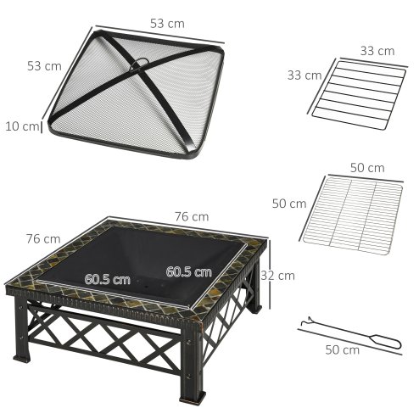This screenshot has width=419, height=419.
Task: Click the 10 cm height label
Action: click(20, 127)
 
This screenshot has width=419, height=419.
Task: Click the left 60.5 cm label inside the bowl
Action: click(107, 278)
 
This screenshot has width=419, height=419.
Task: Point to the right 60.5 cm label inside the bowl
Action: click(189, 272)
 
